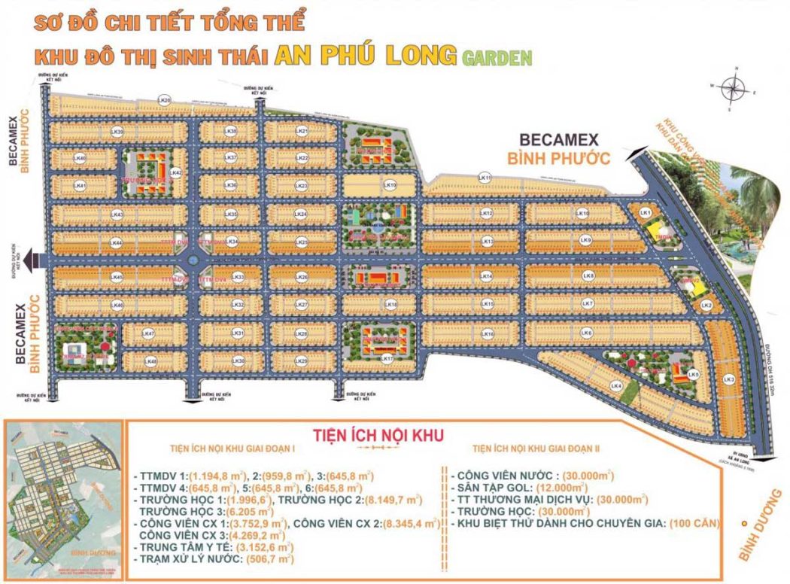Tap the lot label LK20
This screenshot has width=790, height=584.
click(x=165, y=100)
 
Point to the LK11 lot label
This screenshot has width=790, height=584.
click(x=485, y=178)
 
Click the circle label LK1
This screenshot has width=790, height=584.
click(x=645, y=213)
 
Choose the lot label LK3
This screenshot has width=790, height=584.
click(x=728, y=379)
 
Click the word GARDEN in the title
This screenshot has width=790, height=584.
click(x=497, y=56)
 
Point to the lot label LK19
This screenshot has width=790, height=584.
click(x=390, y=184)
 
